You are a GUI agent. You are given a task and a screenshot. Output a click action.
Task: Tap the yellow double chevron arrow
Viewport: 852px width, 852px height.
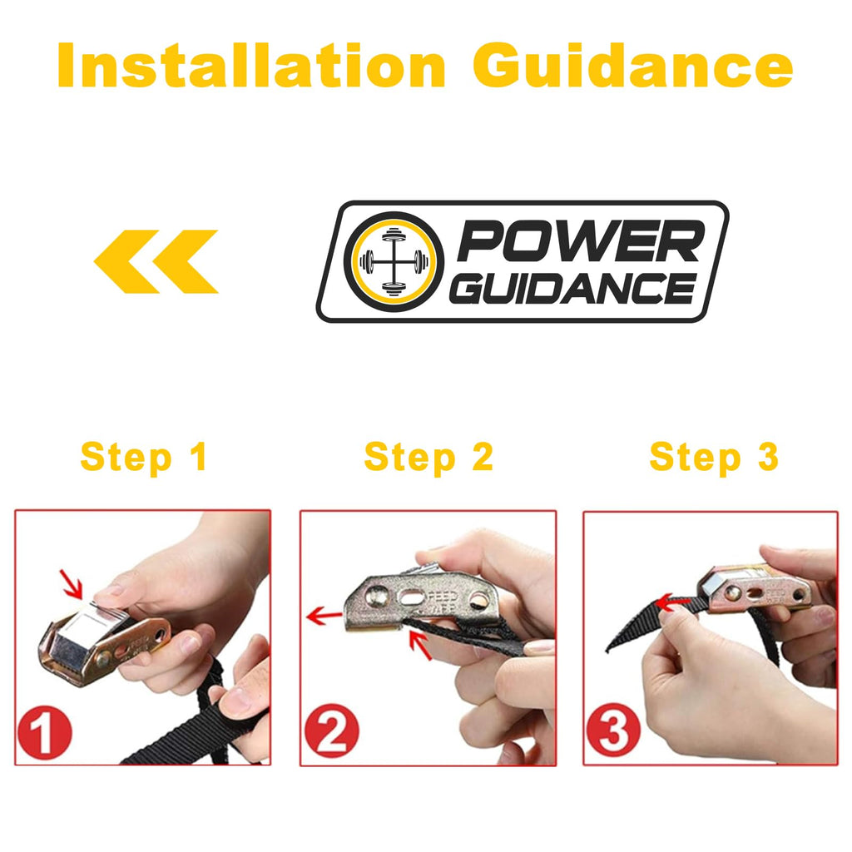tap(156, 261)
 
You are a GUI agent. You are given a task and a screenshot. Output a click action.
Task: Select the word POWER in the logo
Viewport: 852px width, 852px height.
tap(578, 244)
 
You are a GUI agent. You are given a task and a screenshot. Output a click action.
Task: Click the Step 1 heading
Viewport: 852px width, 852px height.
tap(143, 457)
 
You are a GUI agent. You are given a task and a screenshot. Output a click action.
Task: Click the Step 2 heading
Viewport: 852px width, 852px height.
tap(428, 457)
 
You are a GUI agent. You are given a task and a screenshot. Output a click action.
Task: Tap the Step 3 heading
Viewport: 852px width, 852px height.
tap(713, 457)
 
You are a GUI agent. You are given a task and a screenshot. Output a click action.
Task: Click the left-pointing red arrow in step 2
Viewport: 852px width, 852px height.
tap(324, 617)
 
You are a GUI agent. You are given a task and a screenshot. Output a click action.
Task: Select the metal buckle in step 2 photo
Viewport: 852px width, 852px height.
tap(408, 599)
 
